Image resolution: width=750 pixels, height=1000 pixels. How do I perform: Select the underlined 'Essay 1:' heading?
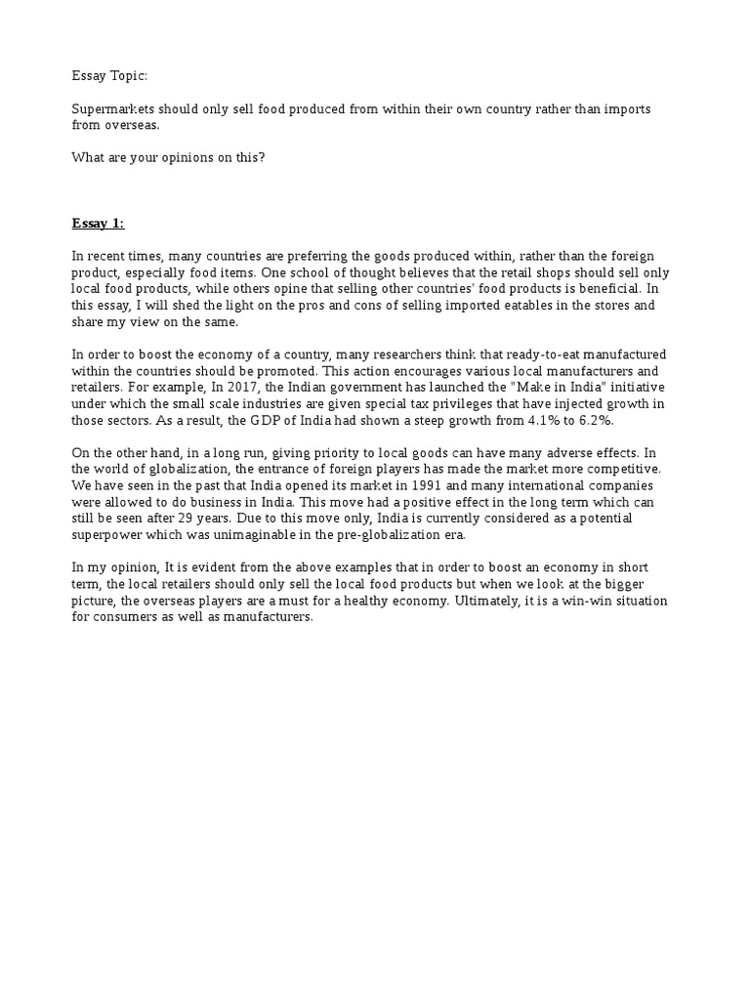pos(98,224)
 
